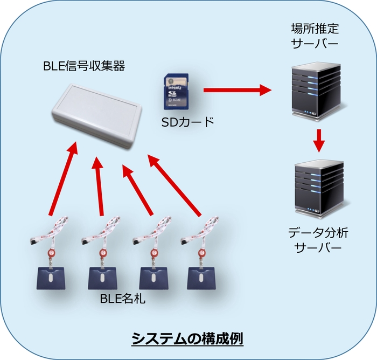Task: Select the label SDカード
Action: tap(188, 122)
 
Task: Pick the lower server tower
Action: tap(318, 185)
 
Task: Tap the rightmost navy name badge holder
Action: tap(200, 278)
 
